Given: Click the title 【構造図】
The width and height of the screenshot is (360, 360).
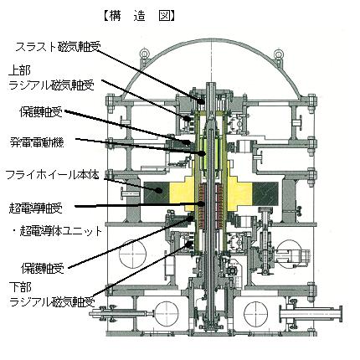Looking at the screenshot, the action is (x=139, y=16).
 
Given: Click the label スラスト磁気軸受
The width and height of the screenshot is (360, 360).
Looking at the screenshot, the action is (x=57, y=47).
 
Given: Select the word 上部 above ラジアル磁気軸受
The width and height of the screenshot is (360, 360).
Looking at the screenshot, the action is (x=19, y=71).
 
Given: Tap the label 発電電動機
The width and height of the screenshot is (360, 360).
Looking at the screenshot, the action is (x=37, y=142).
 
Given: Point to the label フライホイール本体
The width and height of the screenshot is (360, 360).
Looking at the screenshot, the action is (x=52, y=176).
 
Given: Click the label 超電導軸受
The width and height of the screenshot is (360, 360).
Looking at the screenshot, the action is (x=35, y=208).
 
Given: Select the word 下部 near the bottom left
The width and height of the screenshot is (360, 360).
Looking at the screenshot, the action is (x=20, y=287).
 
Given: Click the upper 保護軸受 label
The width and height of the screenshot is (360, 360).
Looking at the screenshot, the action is (x=41, y=112).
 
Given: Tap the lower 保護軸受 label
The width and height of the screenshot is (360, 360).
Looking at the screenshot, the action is (x=43, y=269).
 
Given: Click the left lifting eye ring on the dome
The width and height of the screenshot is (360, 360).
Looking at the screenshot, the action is (x=144, y=54).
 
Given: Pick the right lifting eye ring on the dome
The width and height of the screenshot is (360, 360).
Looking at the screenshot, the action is (x=279, y=54).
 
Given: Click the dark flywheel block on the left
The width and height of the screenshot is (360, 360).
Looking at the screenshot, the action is (x=157, y=193).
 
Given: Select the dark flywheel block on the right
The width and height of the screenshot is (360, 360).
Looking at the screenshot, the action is (x=265, y=193).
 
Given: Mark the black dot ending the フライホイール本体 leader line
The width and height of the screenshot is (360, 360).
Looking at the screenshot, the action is (x=159, y=191).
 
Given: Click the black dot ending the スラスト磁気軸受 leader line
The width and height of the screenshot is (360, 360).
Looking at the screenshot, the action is (x=200, y=100).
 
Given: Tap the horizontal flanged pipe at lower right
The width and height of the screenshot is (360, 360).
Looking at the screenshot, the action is (x=311, y=315).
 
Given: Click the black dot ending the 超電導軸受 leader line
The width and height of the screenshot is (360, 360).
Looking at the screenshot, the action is (x=201, y=203).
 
